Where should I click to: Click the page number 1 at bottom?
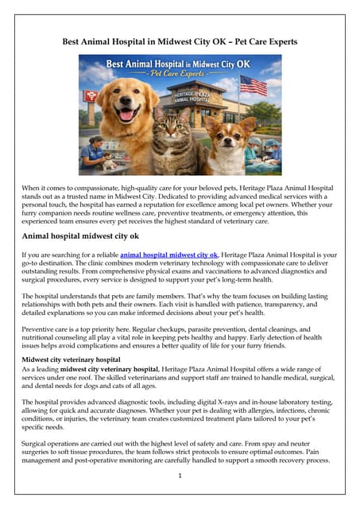tap(180, 476)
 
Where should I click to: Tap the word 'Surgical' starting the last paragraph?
tap(39, 440)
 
